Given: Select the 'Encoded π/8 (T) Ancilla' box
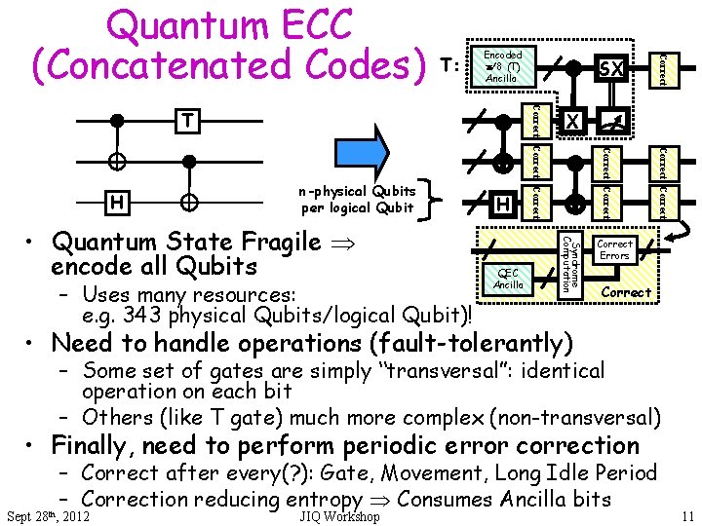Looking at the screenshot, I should pos(502,66).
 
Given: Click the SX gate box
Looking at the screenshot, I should pos(611,68).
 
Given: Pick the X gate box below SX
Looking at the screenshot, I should pos(573,121).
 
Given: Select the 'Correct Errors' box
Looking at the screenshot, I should pos(614,249).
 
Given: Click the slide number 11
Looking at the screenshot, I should pos(687,516).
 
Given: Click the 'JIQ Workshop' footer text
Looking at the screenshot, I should pos(340,516).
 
